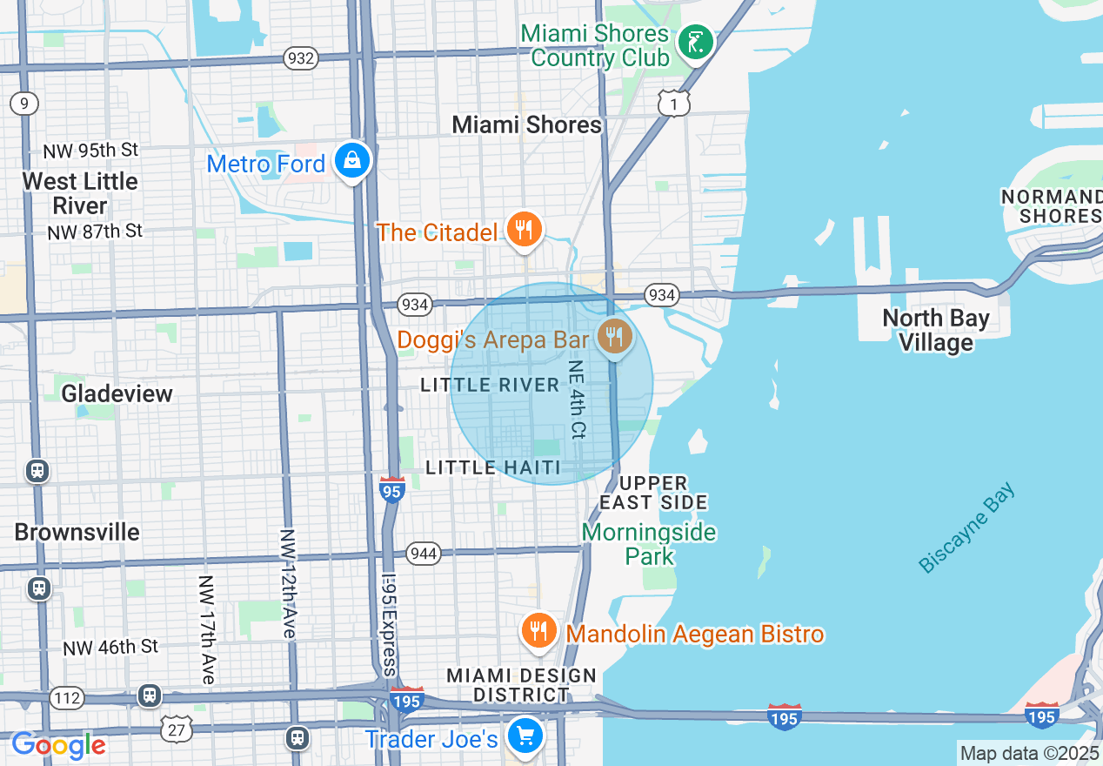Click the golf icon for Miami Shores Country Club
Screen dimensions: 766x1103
coord(695,42)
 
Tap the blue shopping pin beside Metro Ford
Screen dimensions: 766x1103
coord(351,160)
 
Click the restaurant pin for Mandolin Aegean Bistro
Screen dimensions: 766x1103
coord(538,629)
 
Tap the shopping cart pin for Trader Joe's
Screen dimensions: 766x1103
coord(525,736)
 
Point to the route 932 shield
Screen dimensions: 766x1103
coord(300,58)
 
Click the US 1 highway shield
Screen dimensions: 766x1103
coord(673,104)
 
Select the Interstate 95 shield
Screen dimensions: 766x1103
coord(392,490)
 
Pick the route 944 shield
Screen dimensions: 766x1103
coord(423,554)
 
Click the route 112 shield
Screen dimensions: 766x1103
coord(67,697)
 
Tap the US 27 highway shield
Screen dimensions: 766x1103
coord(177,729)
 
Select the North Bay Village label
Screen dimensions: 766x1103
coord(935,331)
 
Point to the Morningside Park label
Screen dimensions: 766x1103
coord(649,544)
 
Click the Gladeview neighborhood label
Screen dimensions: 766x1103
coord(117,393)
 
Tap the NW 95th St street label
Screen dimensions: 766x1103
coord(90,150)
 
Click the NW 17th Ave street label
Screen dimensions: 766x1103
coord(206,628)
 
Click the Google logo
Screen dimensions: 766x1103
coord(58,745)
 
